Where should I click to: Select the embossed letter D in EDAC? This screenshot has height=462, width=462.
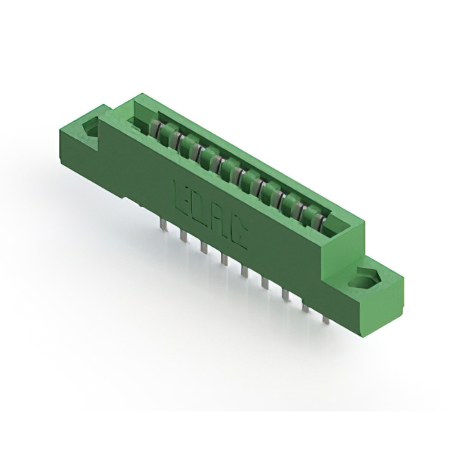(x=199, y=206)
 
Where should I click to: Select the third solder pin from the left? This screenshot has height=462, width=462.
(x=204, y=249)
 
